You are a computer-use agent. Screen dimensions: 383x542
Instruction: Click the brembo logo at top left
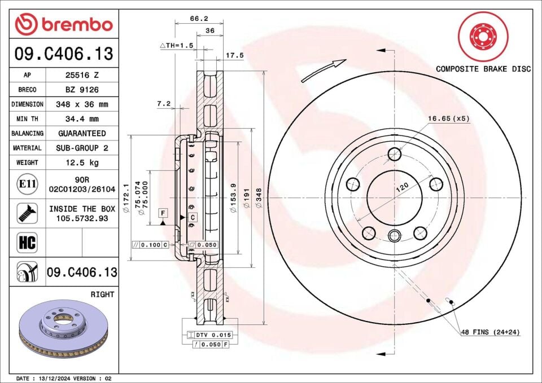click(64, 24)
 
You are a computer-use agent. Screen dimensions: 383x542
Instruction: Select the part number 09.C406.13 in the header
click(64, 54)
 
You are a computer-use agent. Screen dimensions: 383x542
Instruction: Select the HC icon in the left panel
click(27, 243)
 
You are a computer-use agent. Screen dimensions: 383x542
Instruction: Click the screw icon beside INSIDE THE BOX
click(27, 213)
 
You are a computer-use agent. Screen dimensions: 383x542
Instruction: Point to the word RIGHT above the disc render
click(102, 294)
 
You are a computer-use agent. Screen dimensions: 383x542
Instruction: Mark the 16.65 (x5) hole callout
click(448, 118)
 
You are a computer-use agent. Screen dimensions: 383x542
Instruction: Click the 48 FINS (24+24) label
click(490, 332)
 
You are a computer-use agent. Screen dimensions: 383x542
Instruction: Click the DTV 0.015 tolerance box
click(209, 335)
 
